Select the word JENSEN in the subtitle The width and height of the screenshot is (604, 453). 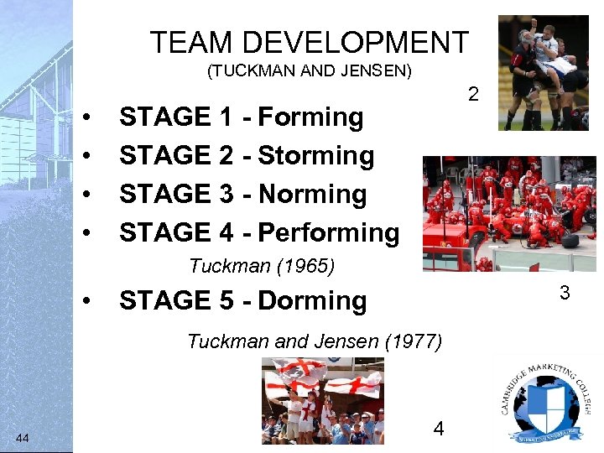373,71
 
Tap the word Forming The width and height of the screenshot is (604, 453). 310,117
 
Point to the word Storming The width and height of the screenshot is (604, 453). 316,156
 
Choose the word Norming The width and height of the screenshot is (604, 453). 313,195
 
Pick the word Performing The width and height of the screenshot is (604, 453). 329,232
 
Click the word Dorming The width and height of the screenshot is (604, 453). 312,301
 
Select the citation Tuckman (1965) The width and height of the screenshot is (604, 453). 262,267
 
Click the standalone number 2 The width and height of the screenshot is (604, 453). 473,95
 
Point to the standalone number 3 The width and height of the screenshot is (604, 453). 565,294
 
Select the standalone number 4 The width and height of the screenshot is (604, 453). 438,430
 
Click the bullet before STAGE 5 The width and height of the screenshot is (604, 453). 87,302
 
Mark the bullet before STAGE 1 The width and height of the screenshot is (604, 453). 87,118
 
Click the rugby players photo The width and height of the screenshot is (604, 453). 543,72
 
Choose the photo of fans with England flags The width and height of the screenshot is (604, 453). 322,400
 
